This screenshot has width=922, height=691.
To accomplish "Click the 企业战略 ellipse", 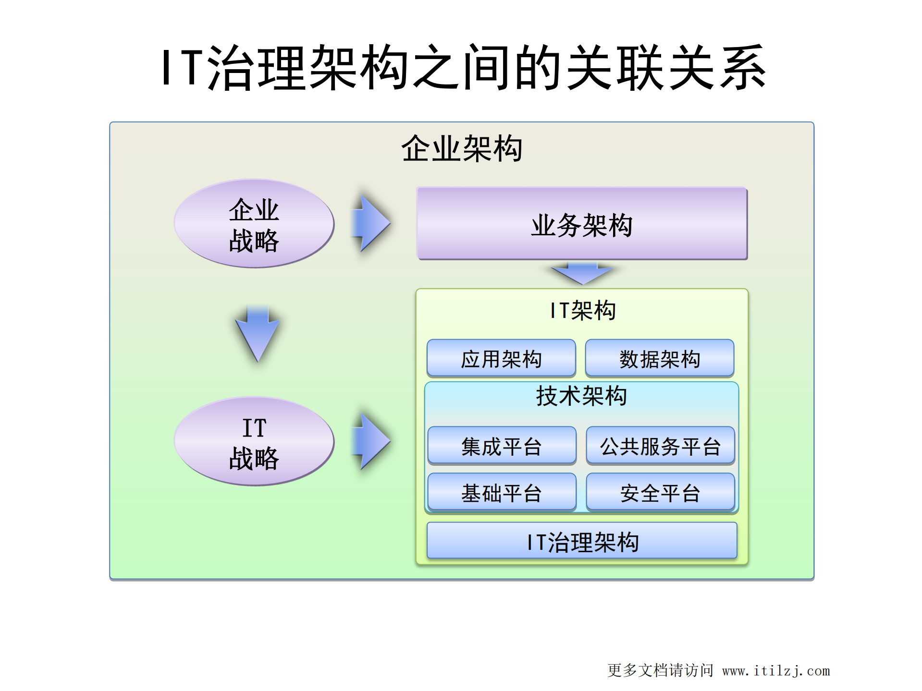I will (254, 224).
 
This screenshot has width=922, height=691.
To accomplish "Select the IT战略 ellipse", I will (254, 441).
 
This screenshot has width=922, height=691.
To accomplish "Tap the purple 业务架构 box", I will (581, 224).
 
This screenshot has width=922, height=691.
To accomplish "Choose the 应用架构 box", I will (501, 358).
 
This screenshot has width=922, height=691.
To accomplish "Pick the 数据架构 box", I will (659, 358).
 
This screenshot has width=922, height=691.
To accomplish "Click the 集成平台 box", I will (502, 446).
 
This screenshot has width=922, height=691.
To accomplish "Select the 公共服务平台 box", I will (660, 446).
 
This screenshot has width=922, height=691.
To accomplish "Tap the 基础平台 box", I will (502, 492).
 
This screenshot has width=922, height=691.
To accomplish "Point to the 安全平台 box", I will (660, 492).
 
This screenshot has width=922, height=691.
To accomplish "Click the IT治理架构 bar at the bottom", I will (582, 541).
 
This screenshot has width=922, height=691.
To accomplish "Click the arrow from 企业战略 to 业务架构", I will (371, 223).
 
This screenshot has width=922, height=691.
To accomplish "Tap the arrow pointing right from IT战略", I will (371, 441).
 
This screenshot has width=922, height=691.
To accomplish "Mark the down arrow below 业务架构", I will (582, 273).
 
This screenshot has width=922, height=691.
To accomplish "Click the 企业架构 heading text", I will (462, 148).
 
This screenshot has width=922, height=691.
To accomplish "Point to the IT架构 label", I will (582, 310).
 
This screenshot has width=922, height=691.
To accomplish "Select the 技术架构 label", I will (581, 396).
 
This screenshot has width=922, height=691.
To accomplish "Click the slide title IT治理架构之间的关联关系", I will (463, 68).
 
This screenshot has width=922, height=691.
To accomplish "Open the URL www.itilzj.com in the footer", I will (775, 670).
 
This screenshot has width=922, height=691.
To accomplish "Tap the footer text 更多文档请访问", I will (660, 670).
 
